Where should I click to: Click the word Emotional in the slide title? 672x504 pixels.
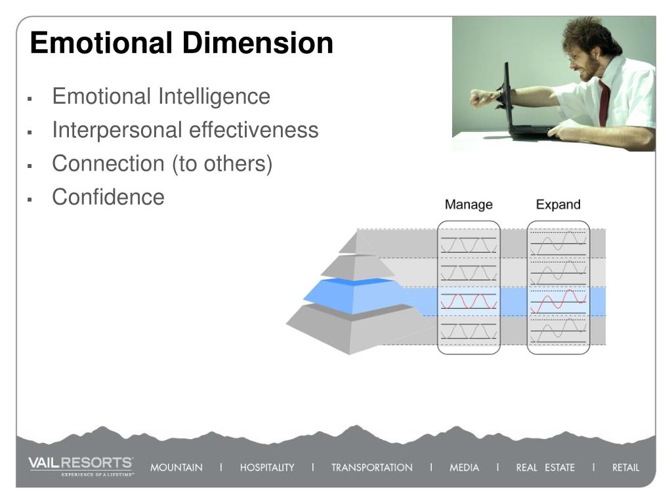(101, 43)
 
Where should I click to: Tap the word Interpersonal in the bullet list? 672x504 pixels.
(117, 130)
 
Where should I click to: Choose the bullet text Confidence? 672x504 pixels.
(108, 197)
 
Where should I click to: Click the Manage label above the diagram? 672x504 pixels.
(469, 205)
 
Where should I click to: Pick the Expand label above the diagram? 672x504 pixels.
(558, 205)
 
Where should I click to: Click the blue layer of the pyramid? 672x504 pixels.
(354, 297)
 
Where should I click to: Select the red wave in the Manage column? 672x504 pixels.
(469, 301)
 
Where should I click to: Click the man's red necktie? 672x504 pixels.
(604, 102)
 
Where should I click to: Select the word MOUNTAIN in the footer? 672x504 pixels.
(177, 468)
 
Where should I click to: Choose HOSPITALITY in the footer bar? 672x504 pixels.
(267, 468)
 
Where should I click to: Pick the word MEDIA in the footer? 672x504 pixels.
(464, 468)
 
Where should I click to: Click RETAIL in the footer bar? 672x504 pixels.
(625, 468)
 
